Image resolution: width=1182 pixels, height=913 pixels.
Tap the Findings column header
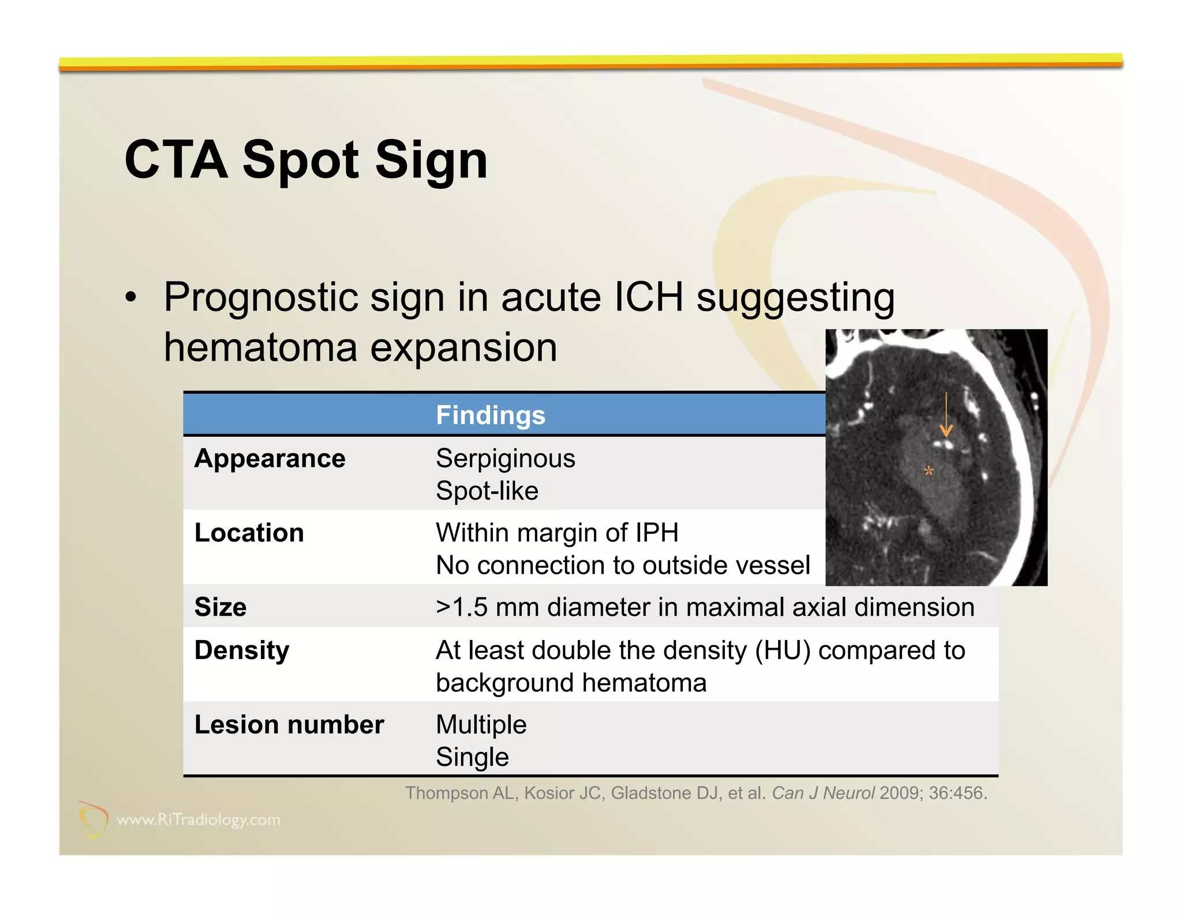490,415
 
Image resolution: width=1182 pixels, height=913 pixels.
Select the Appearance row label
270,459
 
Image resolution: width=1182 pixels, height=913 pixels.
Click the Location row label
249,533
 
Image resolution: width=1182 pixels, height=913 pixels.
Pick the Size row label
220,607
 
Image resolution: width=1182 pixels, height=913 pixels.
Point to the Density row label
242,650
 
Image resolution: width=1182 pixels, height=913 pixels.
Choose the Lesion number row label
289,725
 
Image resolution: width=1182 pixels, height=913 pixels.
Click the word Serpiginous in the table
505,459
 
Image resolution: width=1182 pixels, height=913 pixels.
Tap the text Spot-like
487,491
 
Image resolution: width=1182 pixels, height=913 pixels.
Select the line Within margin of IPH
557,533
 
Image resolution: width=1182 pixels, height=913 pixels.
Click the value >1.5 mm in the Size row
488,607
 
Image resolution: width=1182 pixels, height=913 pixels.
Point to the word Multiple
481,725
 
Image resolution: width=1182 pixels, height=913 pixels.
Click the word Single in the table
472,757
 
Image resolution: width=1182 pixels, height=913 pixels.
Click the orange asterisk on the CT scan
928,472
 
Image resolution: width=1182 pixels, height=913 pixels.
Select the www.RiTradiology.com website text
198,820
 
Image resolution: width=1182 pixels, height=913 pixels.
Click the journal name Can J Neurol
823,793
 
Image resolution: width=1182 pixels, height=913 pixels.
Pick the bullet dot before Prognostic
132,298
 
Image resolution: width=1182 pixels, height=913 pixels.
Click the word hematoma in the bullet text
260,348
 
